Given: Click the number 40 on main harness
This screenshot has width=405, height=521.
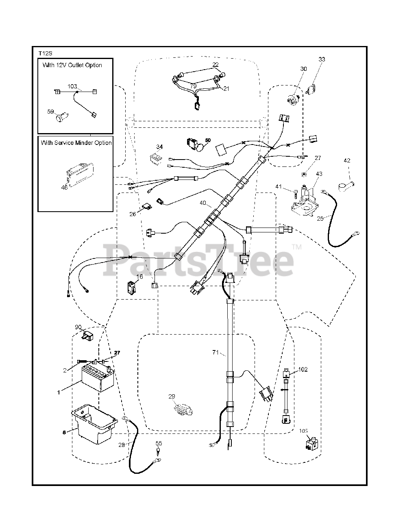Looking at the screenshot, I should point(203,203).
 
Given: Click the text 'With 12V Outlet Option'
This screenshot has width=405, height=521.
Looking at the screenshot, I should point(72,65).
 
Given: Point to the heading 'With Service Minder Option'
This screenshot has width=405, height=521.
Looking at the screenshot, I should point(76,143).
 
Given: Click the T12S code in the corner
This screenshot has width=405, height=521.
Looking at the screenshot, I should point(46,53).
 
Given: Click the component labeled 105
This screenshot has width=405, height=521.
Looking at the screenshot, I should point(311,444).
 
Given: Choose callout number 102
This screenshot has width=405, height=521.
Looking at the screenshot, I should point(303,370).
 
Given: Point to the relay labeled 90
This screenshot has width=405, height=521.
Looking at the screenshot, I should point(87,337).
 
